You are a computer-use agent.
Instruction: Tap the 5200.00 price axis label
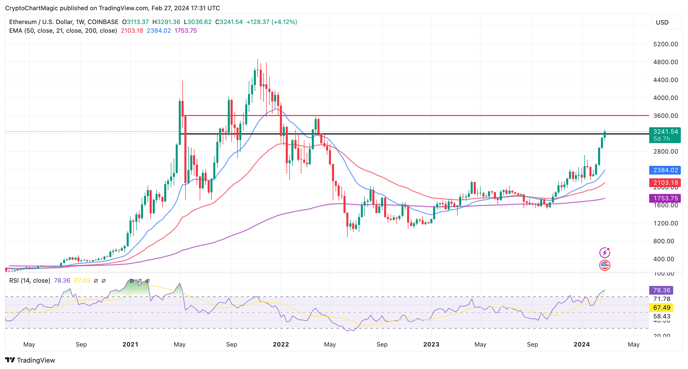point(665,44)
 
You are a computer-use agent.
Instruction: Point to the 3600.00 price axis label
point(665,116)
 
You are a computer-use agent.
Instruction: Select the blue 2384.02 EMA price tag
point(665,170)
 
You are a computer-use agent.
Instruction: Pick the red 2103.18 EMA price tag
point(665,183)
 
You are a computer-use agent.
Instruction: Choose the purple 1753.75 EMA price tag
point(665,198)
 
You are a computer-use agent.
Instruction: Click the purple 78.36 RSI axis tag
point(661,290)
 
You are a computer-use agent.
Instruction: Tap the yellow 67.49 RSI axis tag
point(661,308)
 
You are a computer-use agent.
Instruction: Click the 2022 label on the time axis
point(281,344)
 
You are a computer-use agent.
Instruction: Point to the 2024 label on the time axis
point(582,344)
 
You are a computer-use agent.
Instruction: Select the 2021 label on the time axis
point(130,344)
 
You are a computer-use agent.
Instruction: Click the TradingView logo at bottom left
point(30,360)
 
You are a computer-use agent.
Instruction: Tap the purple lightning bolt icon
point(605,252)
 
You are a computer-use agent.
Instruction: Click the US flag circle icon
point(605,265)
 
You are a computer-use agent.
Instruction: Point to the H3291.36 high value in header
point(166,22)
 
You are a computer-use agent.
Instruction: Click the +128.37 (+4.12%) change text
point(271,22)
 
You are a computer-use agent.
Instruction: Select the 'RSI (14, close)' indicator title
point(30,281)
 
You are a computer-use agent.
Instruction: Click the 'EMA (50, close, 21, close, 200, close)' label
point(63,31)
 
